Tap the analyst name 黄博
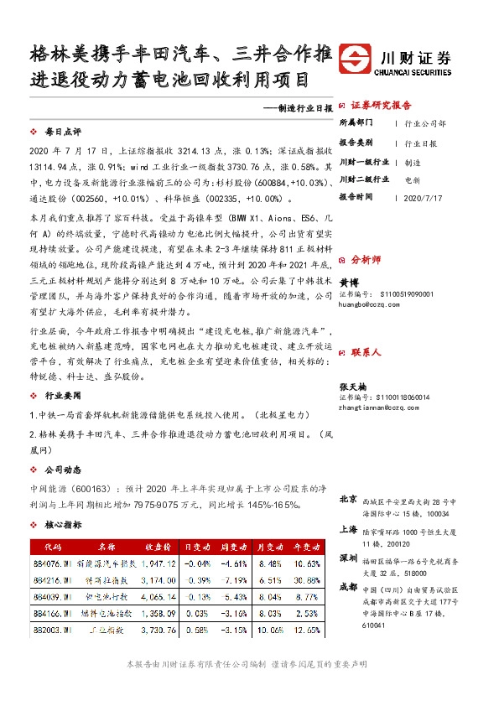click(348, 283)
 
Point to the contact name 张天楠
click(352, 385)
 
